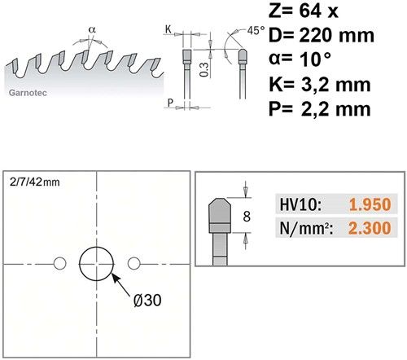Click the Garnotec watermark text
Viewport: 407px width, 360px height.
28,93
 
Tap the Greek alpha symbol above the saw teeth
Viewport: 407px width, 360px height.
92,29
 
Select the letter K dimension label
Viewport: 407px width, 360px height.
168,29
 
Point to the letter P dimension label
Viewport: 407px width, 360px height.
170,103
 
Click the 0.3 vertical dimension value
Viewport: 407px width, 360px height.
204,69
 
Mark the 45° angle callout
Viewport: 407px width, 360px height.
256,31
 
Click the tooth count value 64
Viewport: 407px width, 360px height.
311,11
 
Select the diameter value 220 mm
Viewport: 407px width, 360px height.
336,35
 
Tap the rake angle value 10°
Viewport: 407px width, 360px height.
316,59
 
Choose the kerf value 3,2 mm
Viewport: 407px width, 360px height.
335,85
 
